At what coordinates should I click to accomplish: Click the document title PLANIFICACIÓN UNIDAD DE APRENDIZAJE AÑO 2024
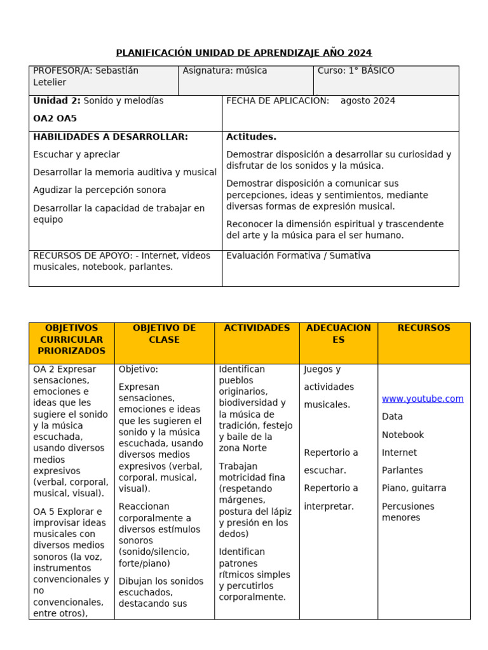(243, 53)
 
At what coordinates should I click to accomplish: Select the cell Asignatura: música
(225, 71)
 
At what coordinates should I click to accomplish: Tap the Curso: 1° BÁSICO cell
(356, 71)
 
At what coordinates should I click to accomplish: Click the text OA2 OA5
(55, 118)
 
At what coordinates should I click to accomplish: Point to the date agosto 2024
(367, 101)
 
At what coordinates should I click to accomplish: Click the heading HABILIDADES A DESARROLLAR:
(111, 137)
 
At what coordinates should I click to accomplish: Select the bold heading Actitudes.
(251, 137)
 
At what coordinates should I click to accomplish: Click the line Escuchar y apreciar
(76, 155)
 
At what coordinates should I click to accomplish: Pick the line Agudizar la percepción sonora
(100, 190)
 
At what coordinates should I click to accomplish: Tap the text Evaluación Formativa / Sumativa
(298, 256)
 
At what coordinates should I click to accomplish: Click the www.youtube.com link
(423, 399)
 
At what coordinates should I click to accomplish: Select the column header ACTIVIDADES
(257, 328)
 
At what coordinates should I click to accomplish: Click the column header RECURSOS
(424, 328)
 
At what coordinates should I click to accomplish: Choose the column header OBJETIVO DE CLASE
(165, 334)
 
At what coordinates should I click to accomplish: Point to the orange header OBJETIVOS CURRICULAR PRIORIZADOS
(72, 340)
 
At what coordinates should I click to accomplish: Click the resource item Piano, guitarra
(414, 489)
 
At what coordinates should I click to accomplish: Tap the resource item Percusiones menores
(408, 512)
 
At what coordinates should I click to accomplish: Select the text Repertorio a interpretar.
(330, 497)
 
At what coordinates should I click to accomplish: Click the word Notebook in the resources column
(403, 435)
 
